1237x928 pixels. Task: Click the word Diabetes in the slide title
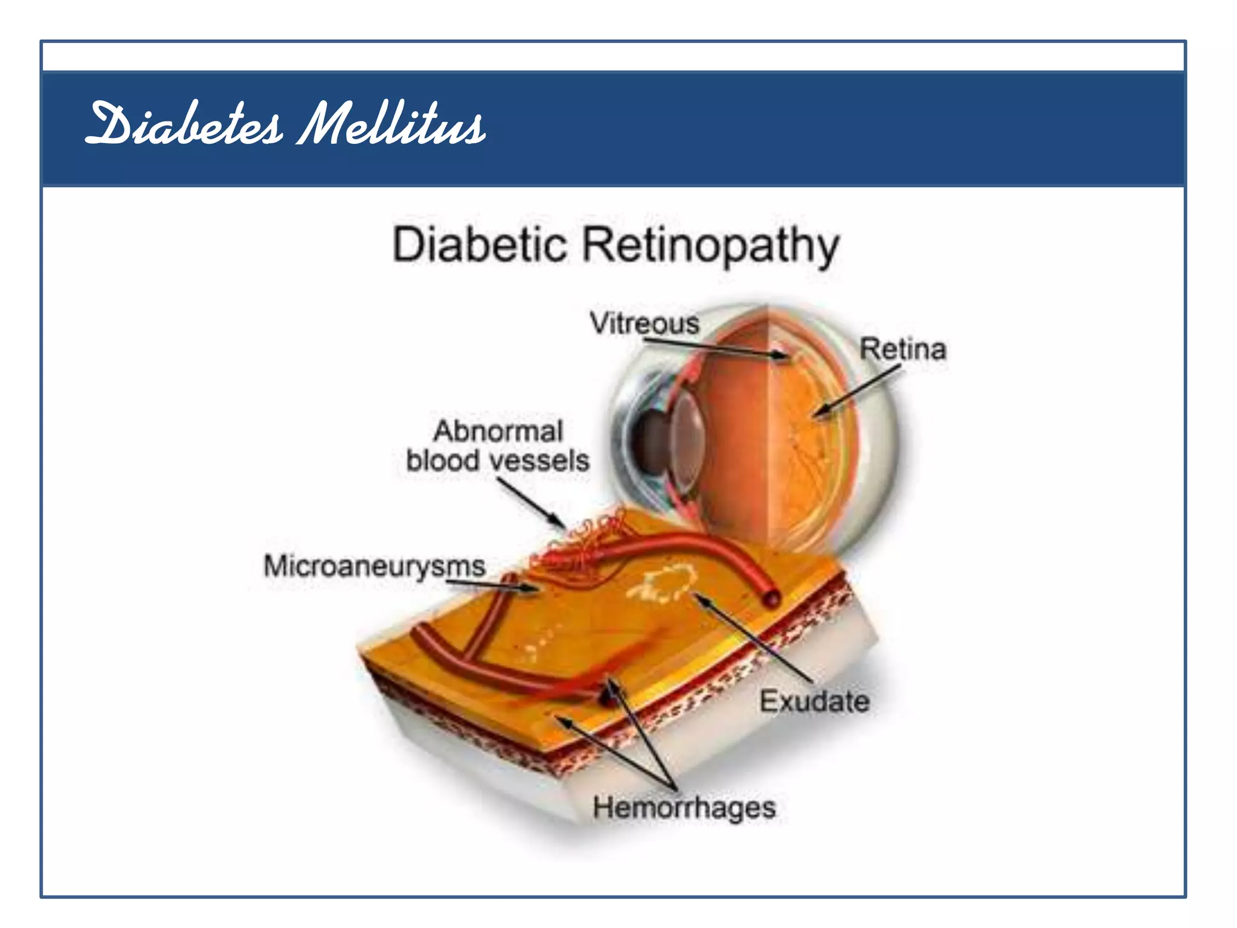184,124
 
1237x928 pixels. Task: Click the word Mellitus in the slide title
391,124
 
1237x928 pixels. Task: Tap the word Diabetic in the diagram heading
480,245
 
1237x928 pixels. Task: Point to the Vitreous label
644,323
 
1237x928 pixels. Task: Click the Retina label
902,349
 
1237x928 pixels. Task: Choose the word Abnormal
498,431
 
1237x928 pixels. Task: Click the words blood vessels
498,461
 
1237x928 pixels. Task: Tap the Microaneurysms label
374,567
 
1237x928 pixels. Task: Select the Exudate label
814,701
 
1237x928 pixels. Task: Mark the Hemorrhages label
684,808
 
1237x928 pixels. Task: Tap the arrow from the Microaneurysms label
492,585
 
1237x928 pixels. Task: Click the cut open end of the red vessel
771,599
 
